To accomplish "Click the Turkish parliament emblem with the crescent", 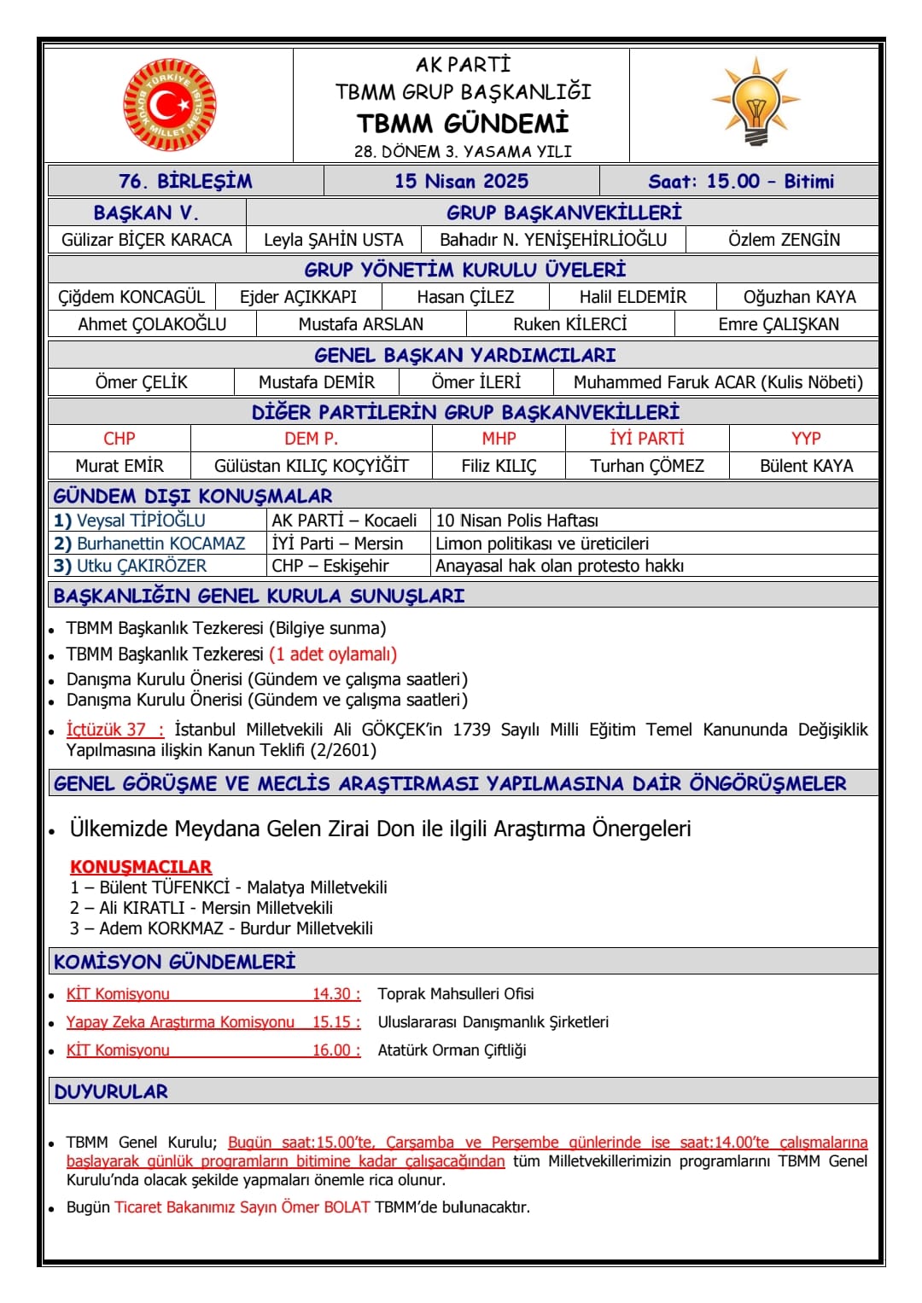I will pos(169,105).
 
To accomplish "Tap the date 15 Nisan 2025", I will pos(461,181).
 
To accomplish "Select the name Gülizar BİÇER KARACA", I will pos(147,240).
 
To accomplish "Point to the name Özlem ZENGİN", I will pos(784,240).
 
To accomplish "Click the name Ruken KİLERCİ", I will pos(569,324).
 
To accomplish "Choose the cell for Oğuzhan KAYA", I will pos(799,297).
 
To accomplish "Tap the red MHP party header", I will pos(499,439).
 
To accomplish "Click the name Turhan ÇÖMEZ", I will pos(647,466).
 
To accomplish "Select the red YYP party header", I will pos(806,439).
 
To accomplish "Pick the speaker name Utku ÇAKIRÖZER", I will pos(142,566).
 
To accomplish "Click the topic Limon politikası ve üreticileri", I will pos(542,544).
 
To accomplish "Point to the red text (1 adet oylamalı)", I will pos(333,654).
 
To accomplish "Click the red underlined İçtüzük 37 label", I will pos(114,730).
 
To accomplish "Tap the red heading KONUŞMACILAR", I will pos(141,867).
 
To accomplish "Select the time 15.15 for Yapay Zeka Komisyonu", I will pos(336,1022).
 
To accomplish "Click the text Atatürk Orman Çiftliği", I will pos(452,1050).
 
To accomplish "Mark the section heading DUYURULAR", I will pos(111,1091).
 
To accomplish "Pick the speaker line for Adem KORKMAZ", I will pos(222,928).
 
